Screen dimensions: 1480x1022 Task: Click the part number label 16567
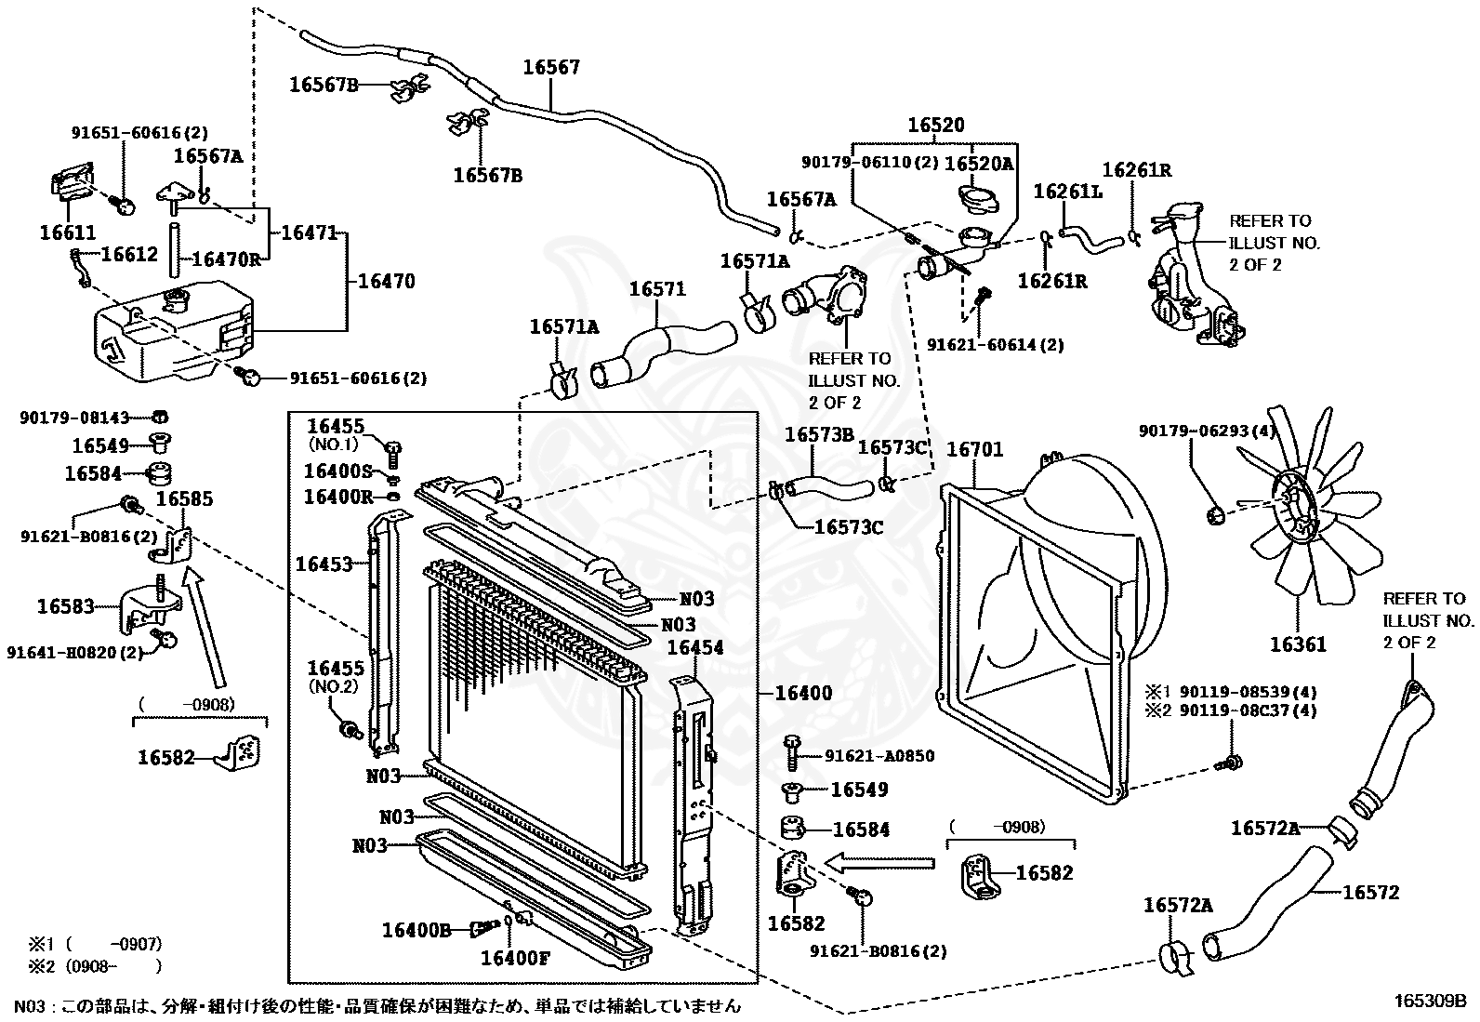coord(551,67)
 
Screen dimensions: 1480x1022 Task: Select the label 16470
coord(387,281)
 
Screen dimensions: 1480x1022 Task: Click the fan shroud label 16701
coord(974,449)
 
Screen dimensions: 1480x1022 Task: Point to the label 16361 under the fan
coord(1299,644)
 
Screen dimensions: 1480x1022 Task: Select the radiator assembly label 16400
coord(803,693)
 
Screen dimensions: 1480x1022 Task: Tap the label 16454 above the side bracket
coord(695,647)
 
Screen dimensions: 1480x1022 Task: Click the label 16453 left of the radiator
coord(324,564)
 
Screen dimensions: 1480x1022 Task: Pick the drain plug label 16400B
coord(416,930)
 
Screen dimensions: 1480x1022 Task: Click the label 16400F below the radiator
coord(515,958)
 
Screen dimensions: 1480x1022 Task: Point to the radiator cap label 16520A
coord(979,164)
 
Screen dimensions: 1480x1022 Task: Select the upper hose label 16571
coord(657,289)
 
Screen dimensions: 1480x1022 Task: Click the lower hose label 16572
coord(1371,893)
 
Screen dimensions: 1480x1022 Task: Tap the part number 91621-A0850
coord(879,756)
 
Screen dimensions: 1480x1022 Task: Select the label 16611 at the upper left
coord(67,232)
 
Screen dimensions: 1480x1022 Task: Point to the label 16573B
coord(819,434)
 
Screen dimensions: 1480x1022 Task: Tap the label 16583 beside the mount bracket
coord(65,606)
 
